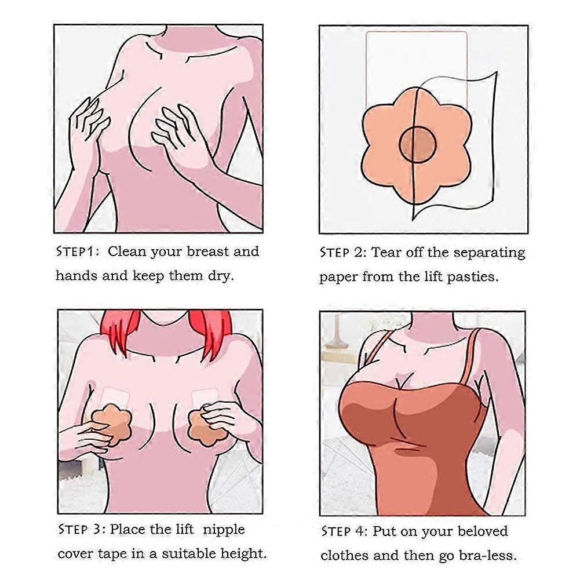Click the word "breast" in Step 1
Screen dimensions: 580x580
208,251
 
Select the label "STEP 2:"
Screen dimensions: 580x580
343,253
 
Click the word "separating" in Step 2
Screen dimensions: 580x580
489,253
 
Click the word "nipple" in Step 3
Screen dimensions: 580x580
224,530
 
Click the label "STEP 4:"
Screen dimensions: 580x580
344,531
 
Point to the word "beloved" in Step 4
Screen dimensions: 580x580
483,531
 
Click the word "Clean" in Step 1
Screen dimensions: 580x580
127,251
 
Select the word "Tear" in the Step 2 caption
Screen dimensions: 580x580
386,253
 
